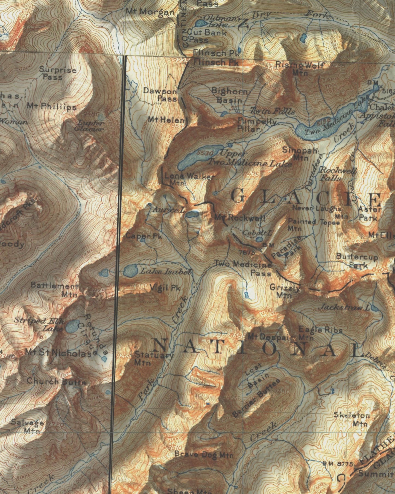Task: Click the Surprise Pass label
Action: click(x=57, y=73)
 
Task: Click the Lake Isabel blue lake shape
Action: click(x=130, y=271)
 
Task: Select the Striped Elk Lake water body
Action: click(x=72, y=326)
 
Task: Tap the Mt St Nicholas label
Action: click(x=58, y=353)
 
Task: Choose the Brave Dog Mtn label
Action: click(x=204, y=455)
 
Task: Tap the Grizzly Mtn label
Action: click(x=284, y=291)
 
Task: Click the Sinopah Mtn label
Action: click(x=300, y=154)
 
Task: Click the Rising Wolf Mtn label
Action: click(x=300, y=68)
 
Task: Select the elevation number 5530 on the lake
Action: click(x=205, y=153)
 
